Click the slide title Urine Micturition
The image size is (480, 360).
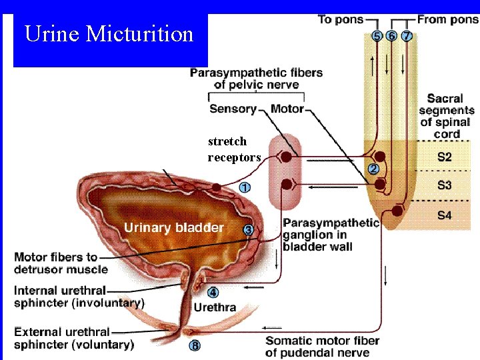coord(109,34)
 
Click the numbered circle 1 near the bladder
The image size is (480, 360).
coord(245,188)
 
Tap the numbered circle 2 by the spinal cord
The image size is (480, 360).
coord(373,169)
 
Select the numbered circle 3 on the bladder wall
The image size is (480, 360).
coord(248,230)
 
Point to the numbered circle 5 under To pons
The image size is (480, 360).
coord(377,36)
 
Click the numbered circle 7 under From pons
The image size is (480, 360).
coord(406,36)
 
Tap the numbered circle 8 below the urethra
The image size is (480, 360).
coord(195,346)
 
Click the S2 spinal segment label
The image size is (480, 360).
coord(444,157)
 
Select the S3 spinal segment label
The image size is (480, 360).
coord(444,186)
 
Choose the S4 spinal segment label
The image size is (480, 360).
coord(444,215)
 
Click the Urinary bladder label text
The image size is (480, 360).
coord(173,228)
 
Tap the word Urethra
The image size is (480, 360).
coord(215,307)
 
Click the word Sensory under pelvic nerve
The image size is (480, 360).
coord(233,109)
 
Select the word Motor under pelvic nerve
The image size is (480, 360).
coord(287,109)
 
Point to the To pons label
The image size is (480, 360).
coord(341,19)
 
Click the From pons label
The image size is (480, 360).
coord(447,19)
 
